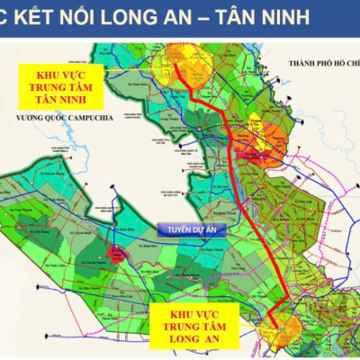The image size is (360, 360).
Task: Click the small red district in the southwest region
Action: click(118, 253)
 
